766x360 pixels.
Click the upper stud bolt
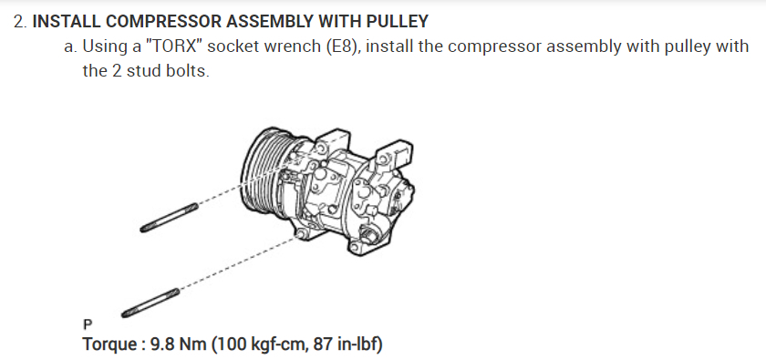pos(169,218)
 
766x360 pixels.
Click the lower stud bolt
pos(150,303)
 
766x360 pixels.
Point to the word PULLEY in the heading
pos(398,22)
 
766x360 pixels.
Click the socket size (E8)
pos(344,46)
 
